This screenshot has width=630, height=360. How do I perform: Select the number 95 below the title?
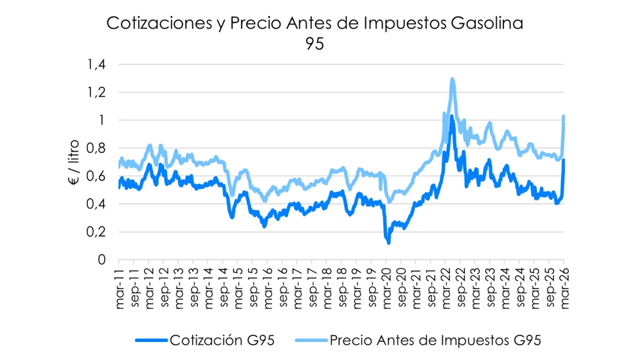(x=315, y=44)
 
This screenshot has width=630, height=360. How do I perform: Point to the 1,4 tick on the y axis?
(x=96, y=64)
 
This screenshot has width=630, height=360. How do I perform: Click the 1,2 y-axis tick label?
(x=96, y=93)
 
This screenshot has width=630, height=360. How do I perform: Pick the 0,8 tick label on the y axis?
(x=96, y=148)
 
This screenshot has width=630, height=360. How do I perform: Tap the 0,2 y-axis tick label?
(x=96, y=232)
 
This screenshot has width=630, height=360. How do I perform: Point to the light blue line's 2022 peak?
(x=453, y=80)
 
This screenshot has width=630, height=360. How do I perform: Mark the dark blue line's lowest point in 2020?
(x=388, y=242)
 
